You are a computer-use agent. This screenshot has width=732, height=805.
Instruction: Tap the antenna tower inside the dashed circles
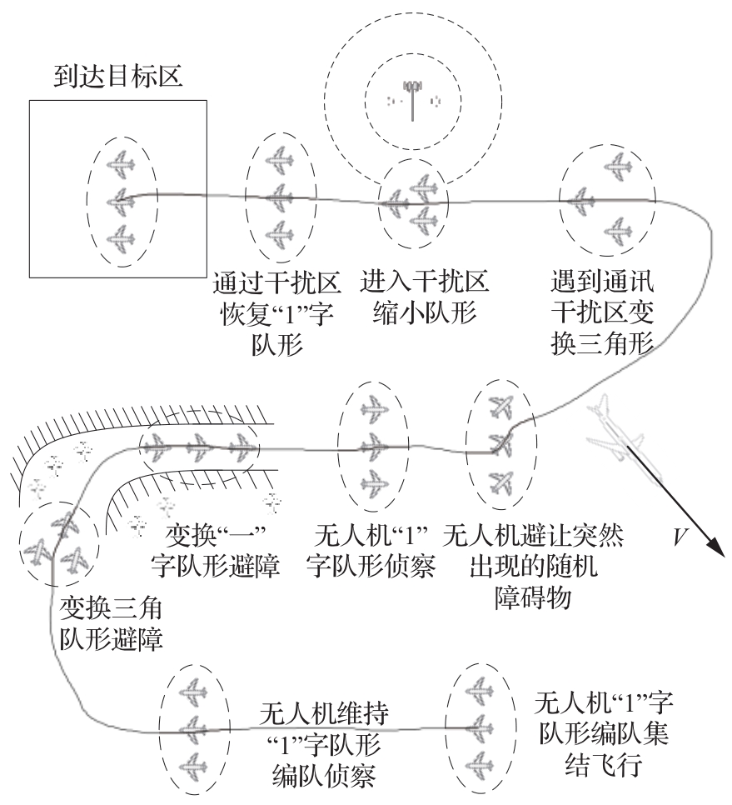coord(411,98)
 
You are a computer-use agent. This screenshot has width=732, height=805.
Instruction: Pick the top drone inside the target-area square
coord(122,164)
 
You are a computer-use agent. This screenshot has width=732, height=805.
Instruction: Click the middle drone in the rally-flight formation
coord(477,724)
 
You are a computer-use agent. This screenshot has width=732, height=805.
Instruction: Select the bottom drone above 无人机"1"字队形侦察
coord(375,482)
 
